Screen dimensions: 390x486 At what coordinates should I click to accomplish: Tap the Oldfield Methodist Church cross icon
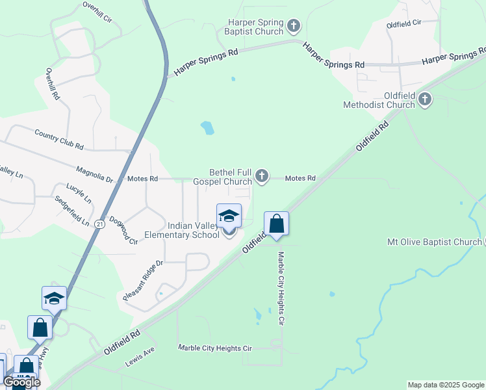pos(425,99)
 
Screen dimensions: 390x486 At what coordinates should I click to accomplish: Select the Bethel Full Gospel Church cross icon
pos(262,174)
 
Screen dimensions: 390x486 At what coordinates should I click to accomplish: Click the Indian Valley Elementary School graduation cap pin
pos(229,216)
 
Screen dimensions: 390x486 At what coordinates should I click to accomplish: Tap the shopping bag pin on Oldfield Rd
pos(276,224)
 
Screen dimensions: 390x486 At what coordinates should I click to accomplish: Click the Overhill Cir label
pos(98,12)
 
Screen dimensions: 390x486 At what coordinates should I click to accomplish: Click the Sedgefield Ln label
pos(71,211)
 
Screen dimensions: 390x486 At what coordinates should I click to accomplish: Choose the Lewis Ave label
pos(140,357)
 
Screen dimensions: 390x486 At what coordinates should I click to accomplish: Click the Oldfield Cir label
pos(403,23)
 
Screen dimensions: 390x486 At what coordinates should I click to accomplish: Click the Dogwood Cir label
pos(123,230)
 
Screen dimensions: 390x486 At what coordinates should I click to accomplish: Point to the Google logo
pos(21,382)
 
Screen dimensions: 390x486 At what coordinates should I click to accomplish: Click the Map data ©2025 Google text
pos(445,385)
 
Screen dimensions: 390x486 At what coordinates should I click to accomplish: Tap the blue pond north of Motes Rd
pos(207,128)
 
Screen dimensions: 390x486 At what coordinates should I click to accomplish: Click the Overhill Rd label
pos(53,84)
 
